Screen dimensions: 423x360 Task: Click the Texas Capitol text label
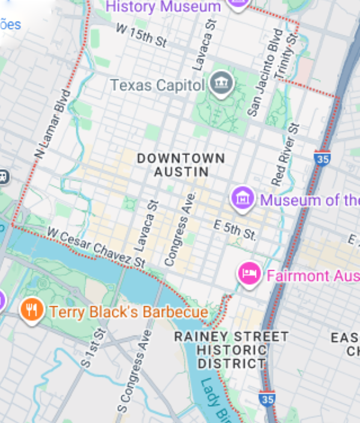[x=157, y=85]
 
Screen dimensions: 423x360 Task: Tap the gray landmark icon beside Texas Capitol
[x=222, y=84]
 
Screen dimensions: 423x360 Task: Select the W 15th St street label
[x=141, y=36]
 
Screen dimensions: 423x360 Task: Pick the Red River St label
[x=285, y=154]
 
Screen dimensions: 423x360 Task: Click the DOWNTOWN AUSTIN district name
[x=181, y=165]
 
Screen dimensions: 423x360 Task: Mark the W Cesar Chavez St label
[x=96, y=247]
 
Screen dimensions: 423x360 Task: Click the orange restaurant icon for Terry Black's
[x=31, y=310]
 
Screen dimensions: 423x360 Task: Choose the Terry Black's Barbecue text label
[x=129, y=312]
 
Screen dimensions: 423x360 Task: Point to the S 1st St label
[x=95, y=348]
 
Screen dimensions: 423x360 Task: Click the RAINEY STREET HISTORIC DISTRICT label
[x=231, y=350]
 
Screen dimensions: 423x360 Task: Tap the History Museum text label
[x=163, y=7]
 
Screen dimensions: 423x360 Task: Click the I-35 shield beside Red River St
[x=321, y=159]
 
